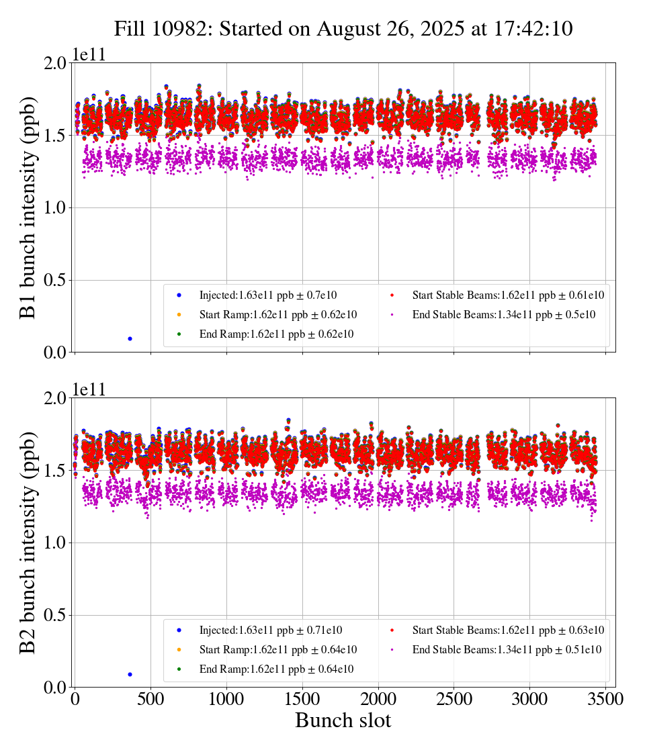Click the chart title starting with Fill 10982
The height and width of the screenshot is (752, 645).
click(x=343, y=29)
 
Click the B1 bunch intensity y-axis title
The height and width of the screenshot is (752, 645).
click(x=28, y=207)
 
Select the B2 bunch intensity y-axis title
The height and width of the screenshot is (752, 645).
click(x=28, y=543)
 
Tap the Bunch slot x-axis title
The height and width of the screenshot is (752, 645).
click(x=343, y=720)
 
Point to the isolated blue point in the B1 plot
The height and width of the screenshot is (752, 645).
click(x=130, y=338)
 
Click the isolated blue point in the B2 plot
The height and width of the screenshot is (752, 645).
click(x=130, y=674)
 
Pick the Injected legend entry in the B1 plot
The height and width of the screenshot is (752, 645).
click(x=267, y=295)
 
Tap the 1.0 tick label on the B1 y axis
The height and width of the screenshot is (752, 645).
click(x=56, y=208)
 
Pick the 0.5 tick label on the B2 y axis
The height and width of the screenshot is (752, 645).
click(x=56, y=616)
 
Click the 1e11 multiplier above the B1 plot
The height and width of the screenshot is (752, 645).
click(x=89, y=55)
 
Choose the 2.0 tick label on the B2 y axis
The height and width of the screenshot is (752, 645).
click(x=56, y=398)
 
